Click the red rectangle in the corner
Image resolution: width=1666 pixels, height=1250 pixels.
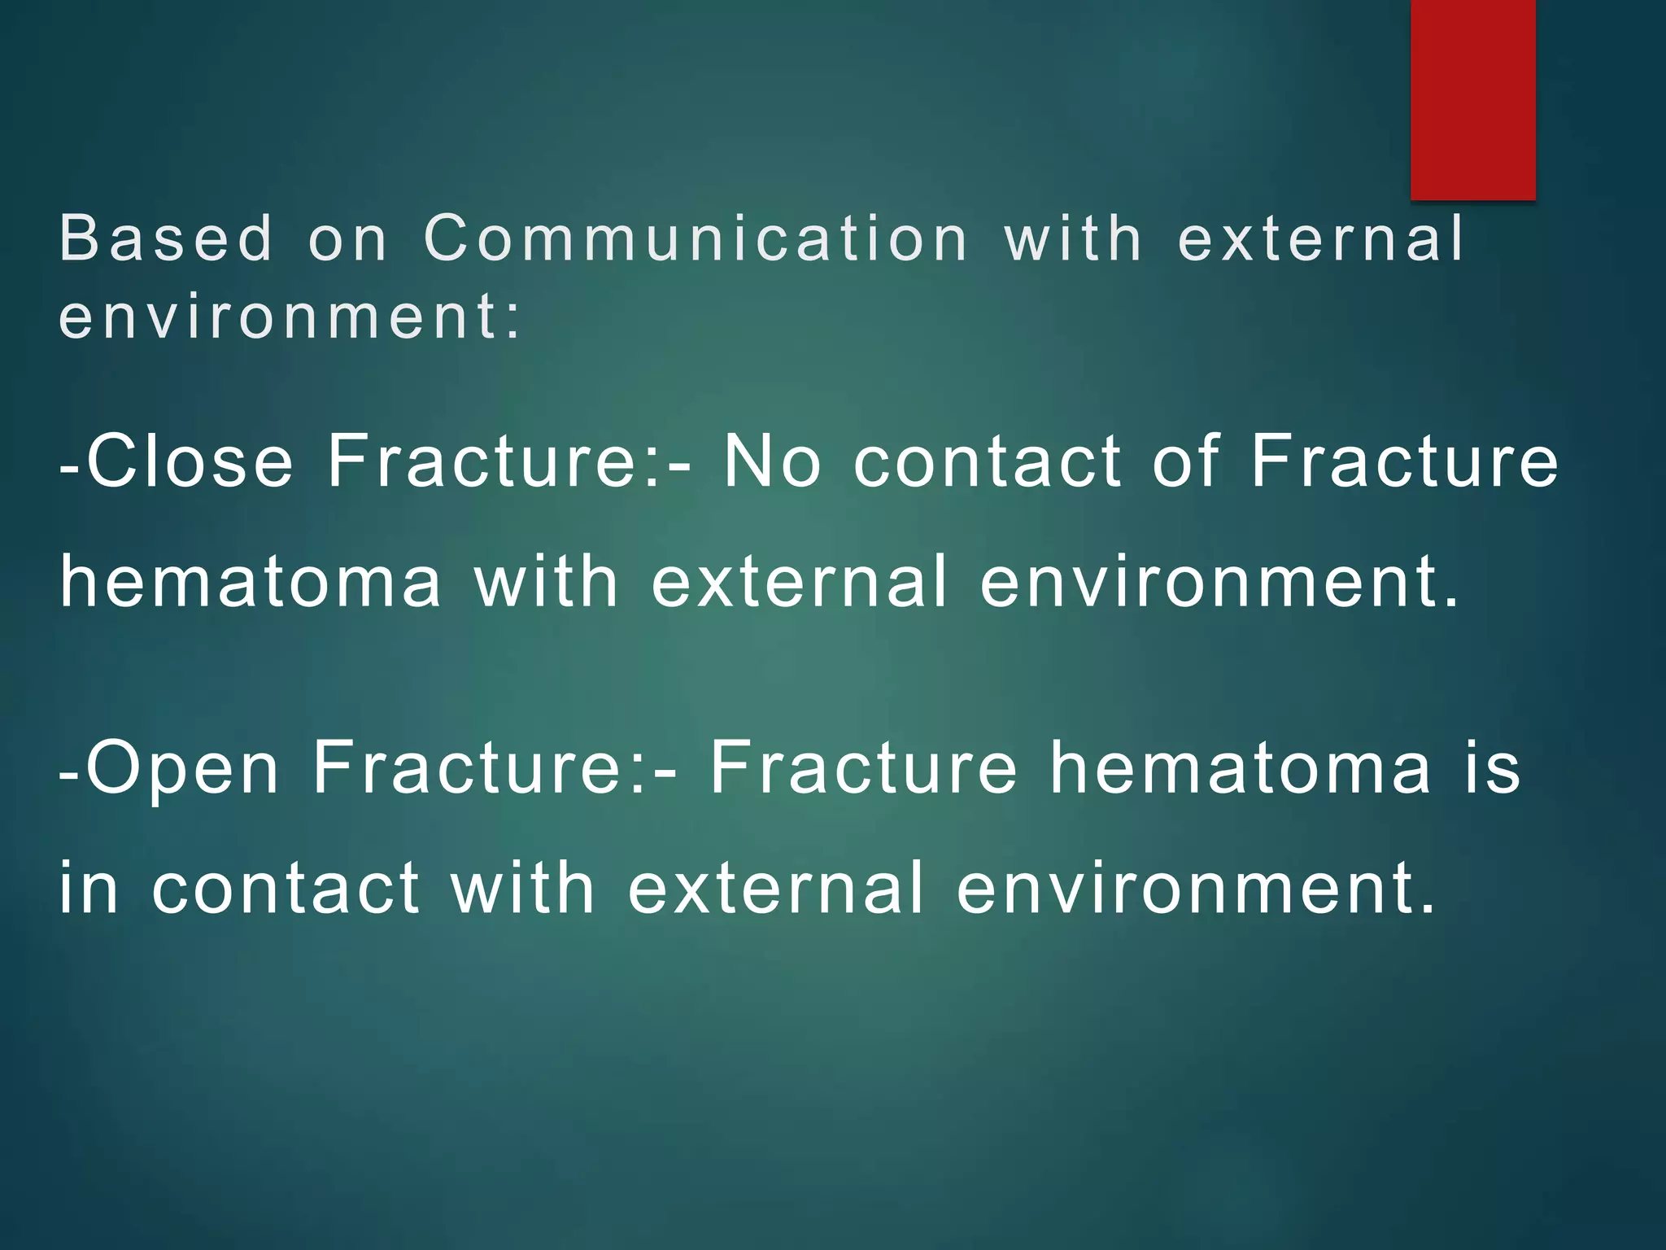click(1472, 99)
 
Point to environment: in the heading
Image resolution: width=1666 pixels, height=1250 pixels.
click(290, 317)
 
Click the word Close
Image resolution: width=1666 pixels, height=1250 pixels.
click(189, 461)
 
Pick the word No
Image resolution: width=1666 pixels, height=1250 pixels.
click(772, 461)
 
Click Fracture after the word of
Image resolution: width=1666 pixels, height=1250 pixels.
click(1404, 461)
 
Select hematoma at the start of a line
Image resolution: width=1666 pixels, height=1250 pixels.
click(251, 581)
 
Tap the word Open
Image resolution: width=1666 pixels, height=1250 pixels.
click(183, 767)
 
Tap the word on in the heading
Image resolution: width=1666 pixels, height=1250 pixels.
click(348, 239)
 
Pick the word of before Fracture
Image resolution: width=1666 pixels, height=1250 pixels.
click(1187, 461)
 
